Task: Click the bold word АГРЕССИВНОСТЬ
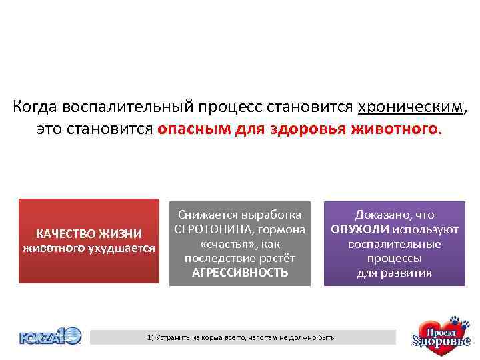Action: point(240,273)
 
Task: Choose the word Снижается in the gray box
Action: point(205,215)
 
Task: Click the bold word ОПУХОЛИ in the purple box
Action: point(361,229)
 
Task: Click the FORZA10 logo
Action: point(50,335)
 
